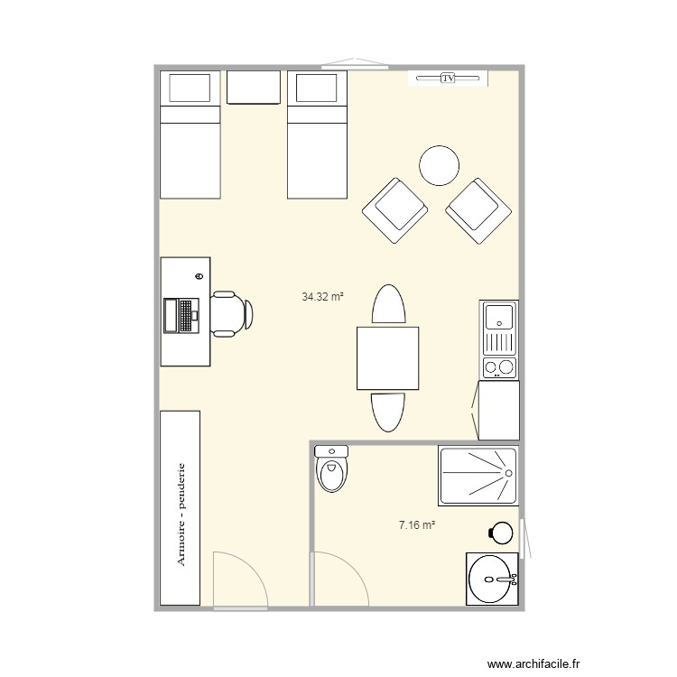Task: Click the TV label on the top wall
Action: click(x=448, y=79)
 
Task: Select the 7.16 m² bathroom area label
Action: click(x=417, y=523)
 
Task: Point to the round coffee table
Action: click(x=441, y=165)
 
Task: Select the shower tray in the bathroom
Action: click(x=478, y=476)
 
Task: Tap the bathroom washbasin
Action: click(x=491, y=578)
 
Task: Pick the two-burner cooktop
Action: click(x=499, y=366)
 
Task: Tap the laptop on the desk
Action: click(x=181, y=315)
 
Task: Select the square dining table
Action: click(x=388, y=358)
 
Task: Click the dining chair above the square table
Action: click(x=388, y=305)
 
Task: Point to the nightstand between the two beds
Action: click(x=254, y=88)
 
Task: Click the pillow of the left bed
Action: click(x=190, y=88)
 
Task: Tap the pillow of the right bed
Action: click(x=317, y=88)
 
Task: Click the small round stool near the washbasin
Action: click(x=501, y=533)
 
